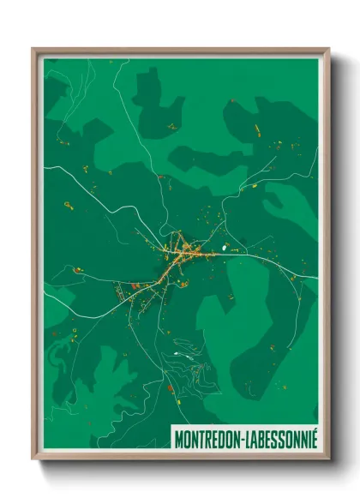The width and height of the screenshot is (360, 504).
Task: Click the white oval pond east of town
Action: point(225,249)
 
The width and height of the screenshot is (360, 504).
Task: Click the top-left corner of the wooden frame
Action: point(34,50)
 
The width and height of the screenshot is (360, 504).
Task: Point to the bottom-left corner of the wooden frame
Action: point(34,459)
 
